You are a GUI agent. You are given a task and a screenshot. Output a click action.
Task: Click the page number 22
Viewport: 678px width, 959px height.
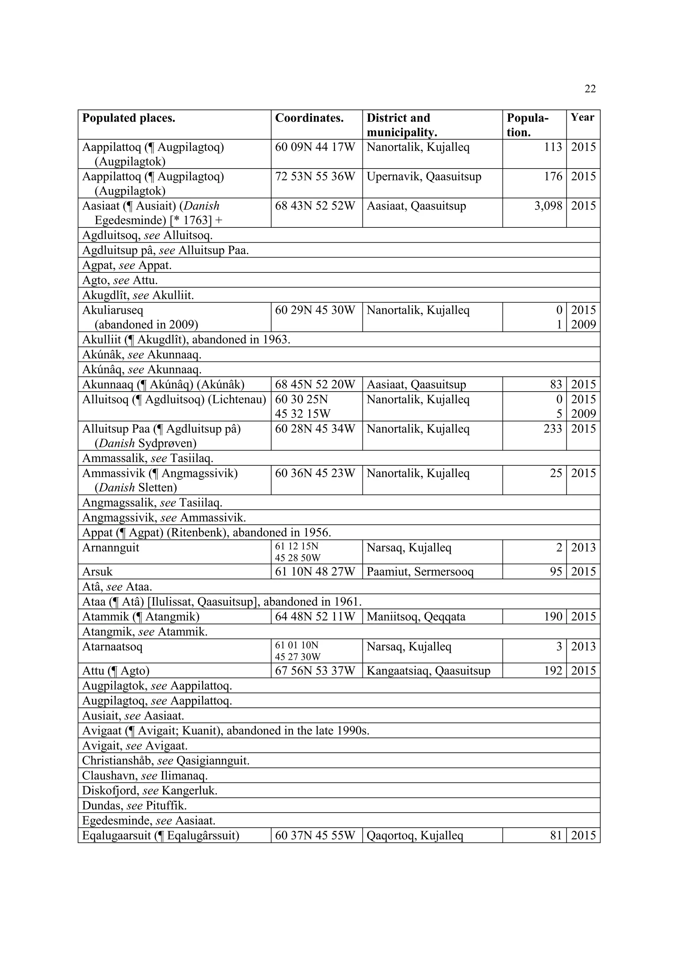point(590,88)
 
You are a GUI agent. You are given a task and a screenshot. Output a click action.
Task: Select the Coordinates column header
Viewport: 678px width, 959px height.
point(309,118)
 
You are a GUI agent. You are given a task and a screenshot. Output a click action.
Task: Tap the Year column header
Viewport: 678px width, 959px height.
point(582,118)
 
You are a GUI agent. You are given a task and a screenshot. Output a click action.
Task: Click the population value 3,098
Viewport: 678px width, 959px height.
point(548,206)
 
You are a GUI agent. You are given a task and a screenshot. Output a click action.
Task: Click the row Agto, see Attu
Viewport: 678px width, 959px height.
point(120,280)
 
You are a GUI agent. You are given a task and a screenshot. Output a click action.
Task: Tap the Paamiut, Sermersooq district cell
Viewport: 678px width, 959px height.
point(420,571)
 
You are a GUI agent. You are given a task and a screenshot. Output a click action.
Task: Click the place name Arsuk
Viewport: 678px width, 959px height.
point(97,571)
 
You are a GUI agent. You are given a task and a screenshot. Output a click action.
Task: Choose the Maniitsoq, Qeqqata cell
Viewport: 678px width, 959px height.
point(416,616)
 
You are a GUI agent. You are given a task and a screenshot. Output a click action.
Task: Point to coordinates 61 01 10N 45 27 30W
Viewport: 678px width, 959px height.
point(298,651)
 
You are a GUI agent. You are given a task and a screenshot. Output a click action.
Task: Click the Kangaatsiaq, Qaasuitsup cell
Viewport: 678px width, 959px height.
point(428,671)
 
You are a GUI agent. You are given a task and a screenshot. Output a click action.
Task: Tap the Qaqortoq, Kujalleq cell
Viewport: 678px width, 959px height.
point(414,836)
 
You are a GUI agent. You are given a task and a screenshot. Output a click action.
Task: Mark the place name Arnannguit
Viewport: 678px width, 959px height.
point(111,548)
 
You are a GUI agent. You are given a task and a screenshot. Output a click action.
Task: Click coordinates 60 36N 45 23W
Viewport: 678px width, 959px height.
point(315,473)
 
